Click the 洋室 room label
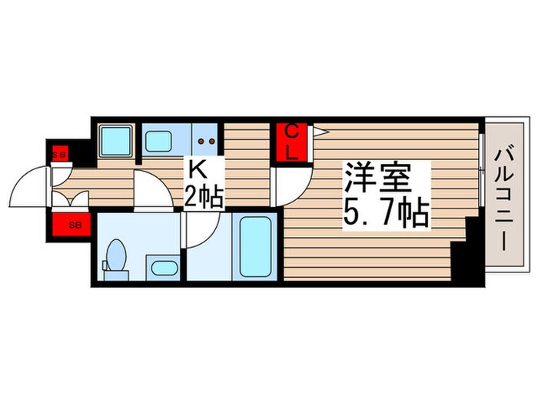pos(377,179)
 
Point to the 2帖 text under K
pos(203,198)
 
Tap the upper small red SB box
pos(59,154)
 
